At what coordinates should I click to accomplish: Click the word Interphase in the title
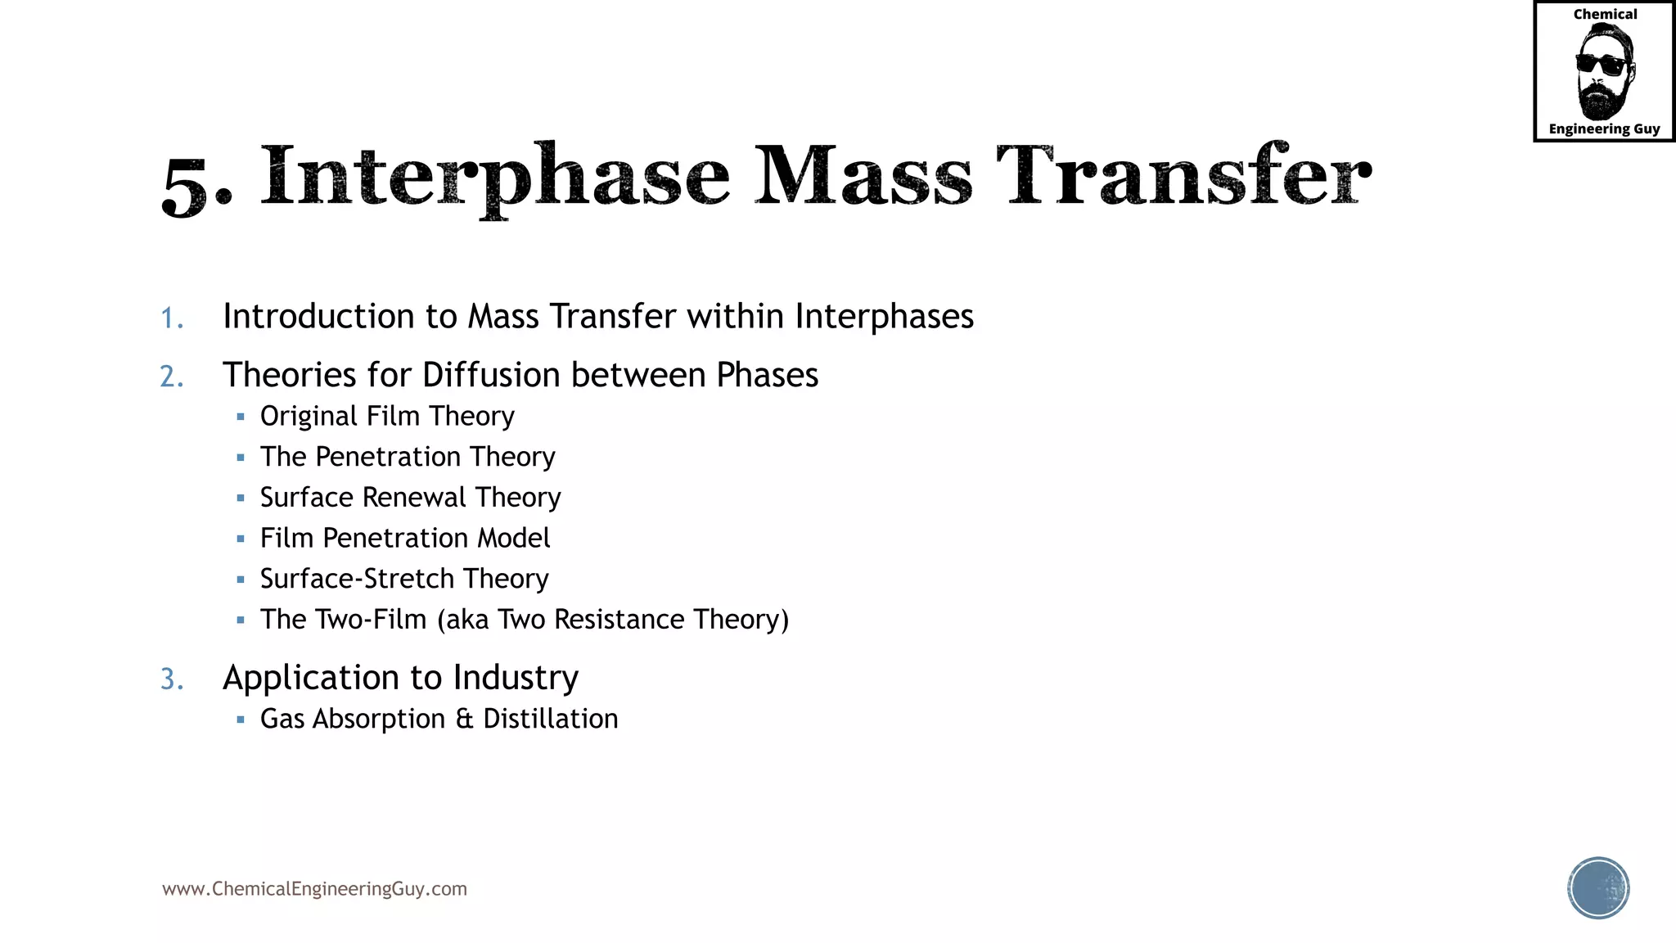pos(494,175)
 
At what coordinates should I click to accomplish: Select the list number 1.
pos(171,318)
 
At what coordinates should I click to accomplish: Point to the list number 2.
pos(171,377)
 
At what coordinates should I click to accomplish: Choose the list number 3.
pos(171,679)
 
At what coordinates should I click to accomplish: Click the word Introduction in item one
pos(318,317)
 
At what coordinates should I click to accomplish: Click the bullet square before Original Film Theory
pos(241,417)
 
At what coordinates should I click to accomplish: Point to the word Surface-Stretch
pos(357,579)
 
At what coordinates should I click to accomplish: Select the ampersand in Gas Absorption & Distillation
pos(464,720)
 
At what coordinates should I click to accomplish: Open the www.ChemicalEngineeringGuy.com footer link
pos(314,889)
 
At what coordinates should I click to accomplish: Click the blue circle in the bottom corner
pos(1598,888)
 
